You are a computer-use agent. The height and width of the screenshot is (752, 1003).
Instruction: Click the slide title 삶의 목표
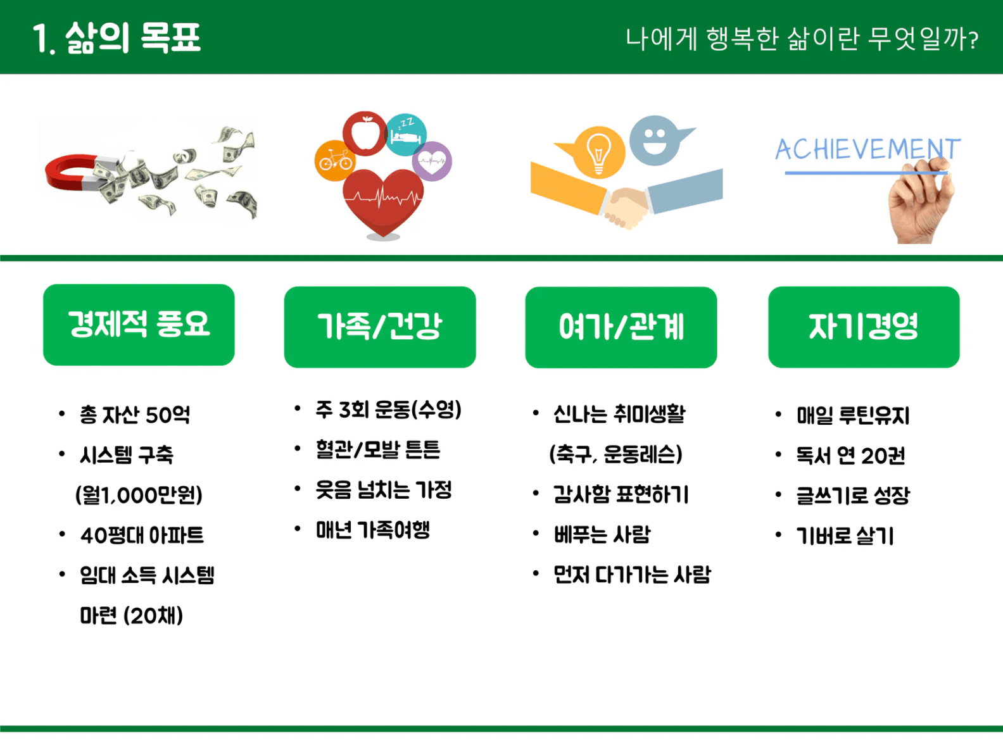[x=133, y=39]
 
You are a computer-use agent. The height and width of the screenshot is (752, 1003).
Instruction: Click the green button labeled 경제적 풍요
[x=139, y=325]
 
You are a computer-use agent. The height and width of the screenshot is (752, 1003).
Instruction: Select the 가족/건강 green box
[x=380, y=327]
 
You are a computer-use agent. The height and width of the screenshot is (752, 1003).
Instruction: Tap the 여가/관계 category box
[x=621, y=327]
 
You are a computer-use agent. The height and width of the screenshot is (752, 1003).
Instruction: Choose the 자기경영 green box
[x=864, y=327]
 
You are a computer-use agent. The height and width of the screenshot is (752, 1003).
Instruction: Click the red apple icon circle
[x=365, y=134]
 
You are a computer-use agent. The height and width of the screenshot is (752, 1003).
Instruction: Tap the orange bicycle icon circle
[x=335, y=161]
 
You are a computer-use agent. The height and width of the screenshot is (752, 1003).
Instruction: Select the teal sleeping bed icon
[x=407, y=134]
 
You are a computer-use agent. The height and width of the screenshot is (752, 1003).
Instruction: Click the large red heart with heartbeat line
[x=383, y=201]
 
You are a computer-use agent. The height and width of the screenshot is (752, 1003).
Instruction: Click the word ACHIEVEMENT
[x=867, y=149]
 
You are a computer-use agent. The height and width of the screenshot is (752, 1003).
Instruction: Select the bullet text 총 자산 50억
[x=135, y=415]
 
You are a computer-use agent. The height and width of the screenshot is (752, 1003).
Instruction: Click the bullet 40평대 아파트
[x=142, y=535]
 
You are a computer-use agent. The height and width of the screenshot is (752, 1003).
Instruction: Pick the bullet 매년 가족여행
[x=373, y=530]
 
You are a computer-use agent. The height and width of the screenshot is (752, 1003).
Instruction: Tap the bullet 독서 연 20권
[x=850, y=455]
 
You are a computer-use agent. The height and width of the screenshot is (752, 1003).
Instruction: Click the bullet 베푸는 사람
[x=602, y=534]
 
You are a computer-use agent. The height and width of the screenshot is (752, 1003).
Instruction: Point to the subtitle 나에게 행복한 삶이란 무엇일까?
[x=802, y=39]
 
